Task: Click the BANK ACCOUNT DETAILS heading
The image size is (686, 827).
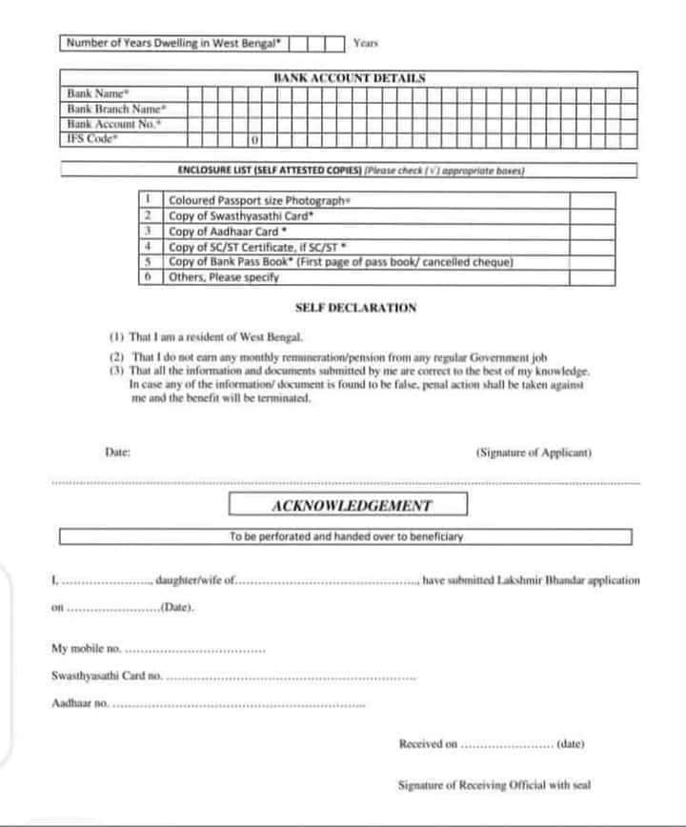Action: (x=349, y=78)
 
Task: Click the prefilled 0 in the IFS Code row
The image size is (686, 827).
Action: (x=255, y=141)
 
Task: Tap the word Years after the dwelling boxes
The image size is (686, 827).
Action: (x=367, y=43)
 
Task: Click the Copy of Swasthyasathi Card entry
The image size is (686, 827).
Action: (x=241, y=216)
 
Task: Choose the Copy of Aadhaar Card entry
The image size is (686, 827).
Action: (x=230, y=232)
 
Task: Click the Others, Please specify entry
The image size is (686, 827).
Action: (x=223, y=277)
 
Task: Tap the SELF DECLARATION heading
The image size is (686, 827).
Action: (x=355, y=308)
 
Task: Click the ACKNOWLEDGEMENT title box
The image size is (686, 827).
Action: (x=348, y=506)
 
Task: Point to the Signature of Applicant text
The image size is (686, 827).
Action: (x=534, y=454)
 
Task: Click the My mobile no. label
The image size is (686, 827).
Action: (x=86, y=649)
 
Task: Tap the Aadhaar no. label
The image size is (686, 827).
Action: (x=80, y=703)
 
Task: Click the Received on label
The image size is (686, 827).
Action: (x=429, y=743)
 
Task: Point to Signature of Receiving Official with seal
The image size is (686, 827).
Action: (x=494, y=785)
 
